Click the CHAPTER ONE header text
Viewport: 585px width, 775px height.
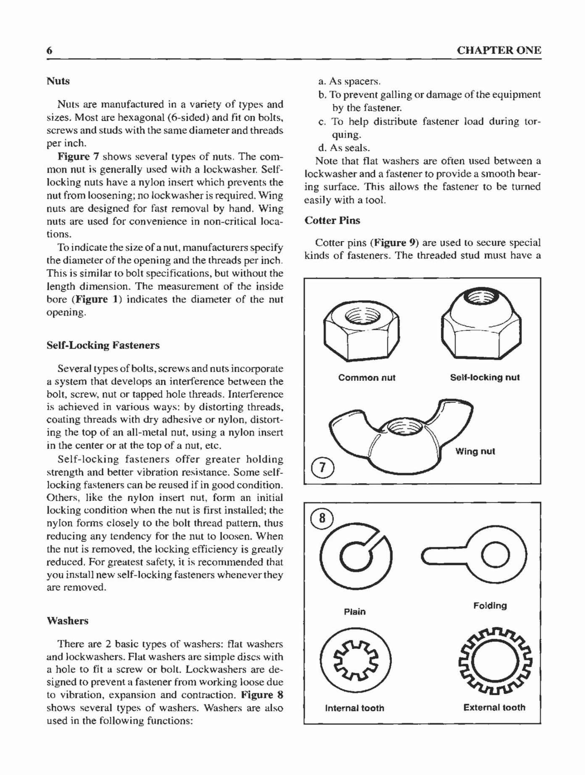(x=499, y=50)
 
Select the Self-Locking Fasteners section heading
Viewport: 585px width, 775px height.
(x=103, y=346)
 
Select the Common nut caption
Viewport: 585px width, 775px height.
(x=367, y=378)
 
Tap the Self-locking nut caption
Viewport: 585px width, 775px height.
(x=485, y=377)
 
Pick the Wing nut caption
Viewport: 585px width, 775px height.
(x=475, y=451)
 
